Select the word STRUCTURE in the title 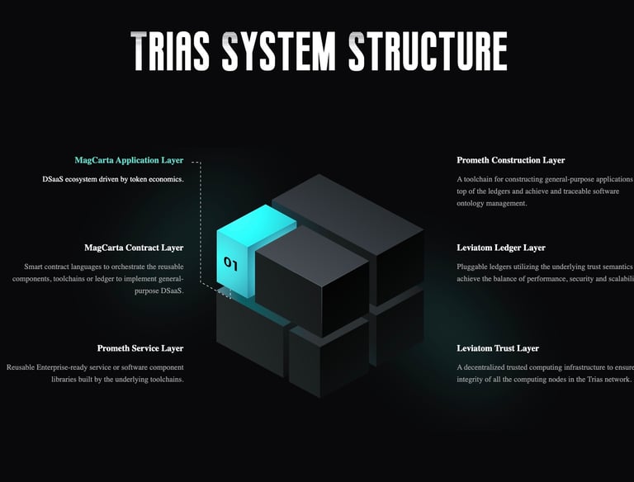point(427,51)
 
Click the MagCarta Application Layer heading point(129,160)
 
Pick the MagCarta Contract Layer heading point(134,248)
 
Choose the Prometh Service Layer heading point(140,348)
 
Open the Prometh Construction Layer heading point(511,160)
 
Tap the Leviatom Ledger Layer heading point(501,248)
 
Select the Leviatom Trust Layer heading point(498,348)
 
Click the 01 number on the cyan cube point(230,264)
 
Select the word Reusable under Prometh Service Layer point(23,367)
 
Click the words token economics point(154,179)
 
